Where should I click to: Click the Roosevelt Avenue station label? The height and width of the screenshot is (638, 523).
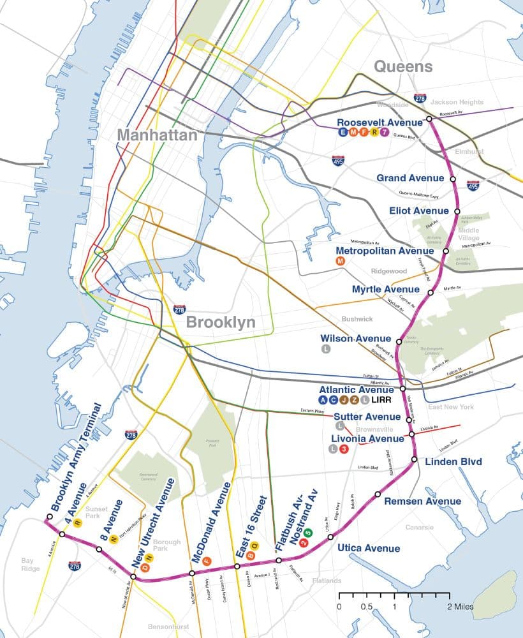click(379, 122)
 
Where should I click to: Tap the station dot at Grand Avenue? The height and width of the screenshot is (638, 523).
click(453, 180)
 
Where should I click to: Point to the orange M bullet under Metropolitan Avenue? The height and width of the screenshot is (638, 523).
click(340, 262)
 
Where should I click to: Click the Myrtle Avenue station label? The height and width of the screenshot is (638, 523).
click(386, 290)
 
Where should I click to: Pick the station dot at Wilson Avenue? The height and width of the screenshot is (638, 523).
click(399, 342)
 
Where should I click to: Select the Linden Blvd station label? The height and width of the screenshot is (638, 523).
click(453, 461)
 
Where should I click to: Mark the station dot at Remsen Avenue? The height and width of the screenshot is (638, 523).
click(378, 494)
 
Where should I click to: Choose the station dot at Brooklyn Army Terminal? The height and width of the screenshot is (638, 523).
click(50, 517)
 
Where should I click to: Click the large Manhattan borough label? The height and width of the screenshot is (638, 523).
click(157, 135)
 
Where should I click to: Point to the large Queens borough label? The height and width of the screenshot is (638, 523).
click(402, 66)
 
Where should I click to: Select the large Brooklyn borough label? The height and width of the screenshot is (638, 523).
click(221, 322)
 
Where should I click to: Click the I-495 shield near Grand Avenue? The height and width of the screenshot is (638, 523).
click(473, 186)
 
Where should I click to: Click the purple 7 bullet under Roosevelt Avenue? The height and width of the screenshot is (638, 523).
click(384, 133)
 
